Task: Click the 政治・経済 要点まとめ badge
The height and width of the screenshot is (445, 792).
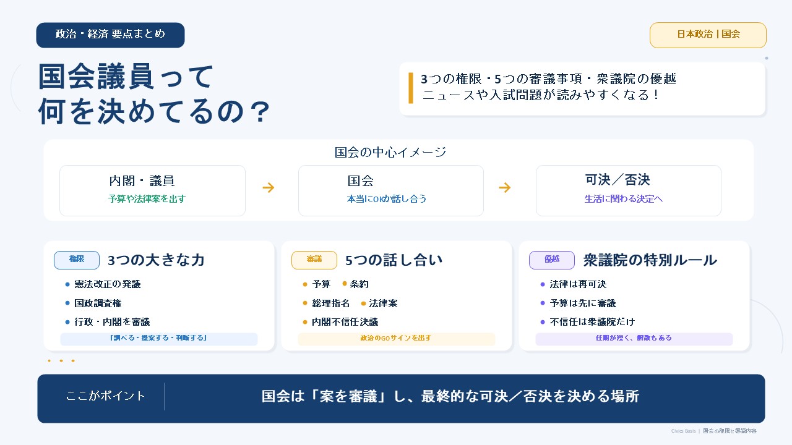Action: [x=110, y=35]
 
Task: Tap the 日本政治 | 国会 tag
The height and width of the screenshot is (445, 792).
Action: [x=708, y=35]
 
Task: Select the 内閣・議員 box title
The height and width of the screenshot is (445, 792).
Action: [x=142, y=181]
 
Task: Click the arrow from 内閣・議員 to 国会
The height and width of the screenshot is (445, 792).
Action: [x=269, y=187]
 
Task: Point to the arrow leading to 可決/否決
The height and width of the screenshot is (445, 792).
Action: [x=504, y=187]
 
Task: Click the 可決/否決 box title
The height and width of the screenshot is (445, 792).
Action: [x=618, y=180]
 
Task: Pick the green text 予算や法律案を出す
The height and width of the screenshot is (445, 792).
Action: [x=147, y=199]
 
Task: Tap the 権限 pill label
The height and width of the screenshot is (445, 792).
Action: [x=76, y=260]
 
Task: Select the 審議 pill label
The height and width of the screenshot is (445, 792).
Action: [x=314, y=260]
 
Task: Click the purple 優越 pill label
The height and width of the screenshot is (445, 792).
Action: [x=551, y=260]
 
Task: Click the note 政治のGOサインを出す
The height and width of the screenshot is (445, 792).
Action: [x=396, y=338]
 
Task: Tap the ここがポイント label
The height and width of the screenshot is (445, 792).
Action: [x=105, y=396]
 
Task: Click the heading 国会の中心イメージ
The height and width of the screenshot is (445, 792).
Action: [x=390, y=152]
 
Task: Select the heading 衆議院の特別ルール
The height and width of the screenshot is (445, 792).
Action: [x=650, y=260]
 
